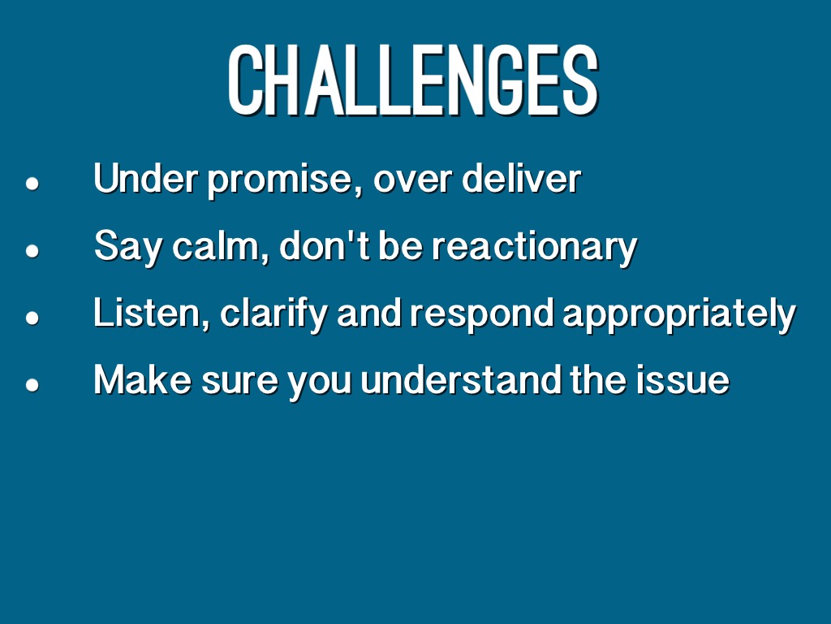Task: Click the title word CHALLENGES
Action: [x=413, y=80]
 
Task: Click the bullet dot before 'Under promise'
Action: [x=32, y=184]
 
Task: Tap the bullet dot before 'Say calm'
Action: [x=32, y=250]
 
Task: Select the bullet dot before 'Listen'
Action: [x=32, y=318]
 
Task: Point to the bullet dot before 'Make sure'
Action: [x=32, y=384]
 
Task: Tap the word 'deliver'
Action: [x=522, y=178]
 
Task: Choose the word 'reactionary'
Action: [x=534, y=248]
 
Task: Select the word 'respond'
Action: [x=482, y=314]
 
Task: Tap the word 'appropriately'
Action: [x=679, y=314]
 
